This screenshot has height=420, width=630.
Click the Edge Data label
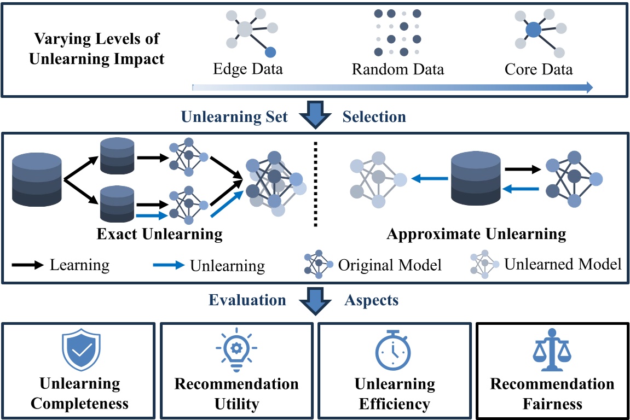pyautogui.click(x=248, y=69)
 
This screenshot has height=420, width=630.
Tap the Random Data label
pyautogui.click(x=397, y=69)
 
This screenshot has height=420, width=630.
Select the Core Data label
pyautogui.click(x=539, y=69)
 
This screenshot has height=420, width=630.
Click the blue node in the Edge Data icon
pyautogui.click(x=270, y=52)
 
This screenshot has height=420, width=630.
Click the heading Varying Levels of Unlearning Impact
pyautogui.click(x=97, y=49)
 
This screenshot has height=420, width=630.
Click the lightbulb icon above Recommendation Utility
pyautogui.click(x=236, y=350)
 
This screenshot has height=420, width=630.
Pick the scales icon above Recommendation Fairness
pyautogui.click(x=552, y=350)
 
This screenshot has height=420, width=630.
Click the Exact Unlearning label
pyautogui.click(x=159, y=235)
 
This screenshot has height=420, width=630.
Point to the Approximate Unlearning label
pyautogui.click(x=476, y=235)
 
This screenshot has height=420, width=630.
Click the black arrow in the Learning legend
pyautogui.click(x=27, y=265)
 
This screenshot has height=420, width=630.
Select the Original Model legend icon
pyautogui.click(x=319, y=265)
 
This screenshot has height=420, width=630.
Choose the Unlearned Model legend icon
pyautogui.click(x=484, y=265)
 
